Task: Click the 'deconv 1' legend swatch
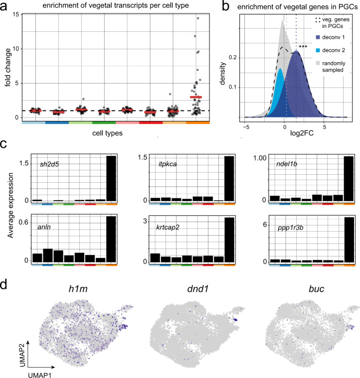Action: click(x=319, y=37)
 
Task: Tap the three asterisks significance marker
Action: click(x=303, y=47)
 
